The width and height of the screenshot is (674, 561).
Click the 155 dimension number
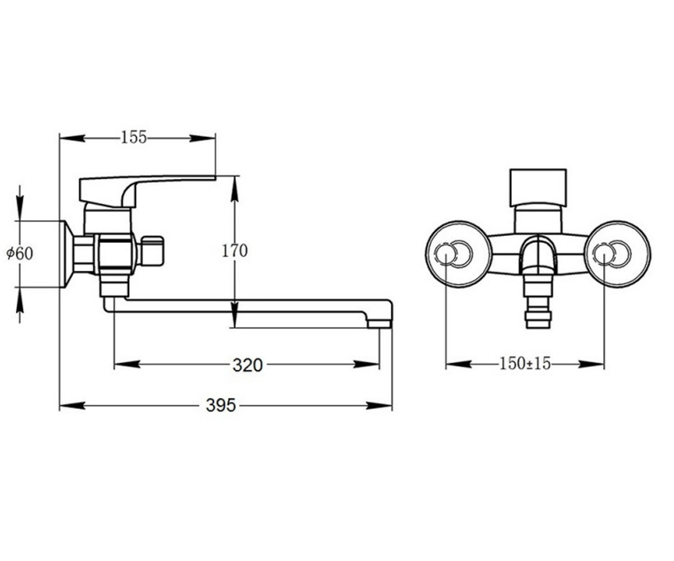tap(134, 137)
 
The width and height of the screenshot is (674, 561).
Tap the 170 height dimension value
tap(235, 251)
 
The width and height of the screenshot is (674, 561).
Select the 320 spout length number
tap(248, 366)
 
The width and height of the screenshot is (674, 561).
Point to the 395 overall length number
tap(221, 405)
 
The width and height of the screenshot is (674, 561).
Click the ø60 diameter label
tap(20, 254)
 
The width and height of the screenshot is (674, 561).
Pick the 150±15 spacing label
tap(525, 364)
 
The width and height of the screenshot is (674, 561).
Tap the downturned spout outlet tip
tap(380, 324)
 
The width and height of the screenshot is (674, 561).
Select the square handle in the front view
tap(538, 188)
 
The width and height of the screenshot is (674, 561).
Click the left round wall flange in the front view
tap(459, 254)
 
